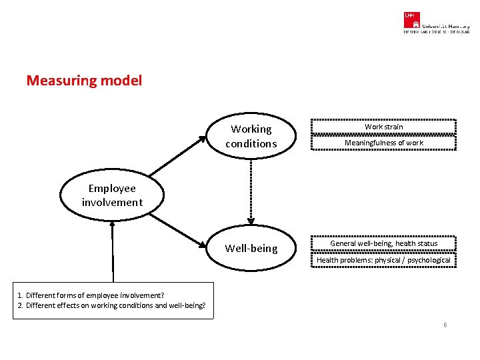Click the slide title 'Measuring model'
84,81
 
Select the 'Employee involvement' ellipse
112,195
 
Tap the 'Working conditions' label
251,136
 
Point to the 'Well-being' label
251,248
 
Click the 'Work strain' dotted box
383,127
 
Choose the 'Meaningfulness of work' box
383,143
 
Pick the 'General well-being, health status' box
383,243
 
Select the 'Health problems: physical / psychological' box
383,260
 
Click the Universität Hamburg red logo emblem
411,19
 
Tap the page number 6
445,325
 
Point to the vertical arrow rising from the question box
113,250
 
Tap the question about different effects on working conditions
111,306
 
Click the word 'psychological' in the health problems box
429,260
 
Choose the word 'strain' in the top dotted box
393,127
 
